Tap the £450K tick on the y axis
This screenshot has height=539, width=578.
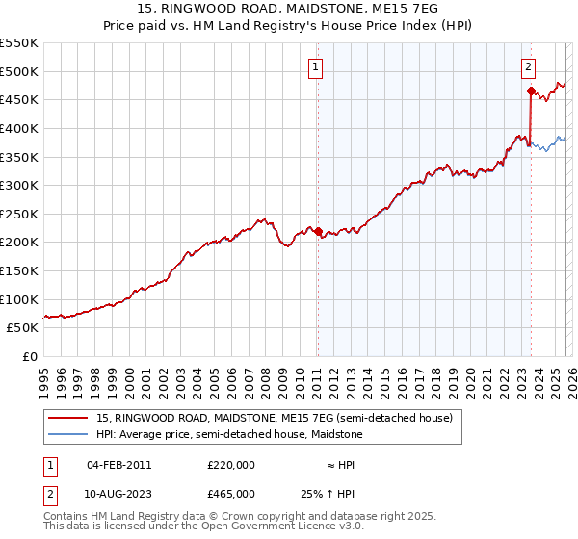pyautogui.click(x=19, y=100)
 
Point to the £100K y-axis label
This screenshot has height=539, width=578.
pyautogui.click(x=19, y=299)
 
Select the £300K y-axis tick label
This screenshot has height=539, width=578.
pyautogui.click(x=19, y=186)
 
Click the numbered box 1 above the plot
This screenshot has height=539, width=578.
pyautogui.click(x=317, y=66)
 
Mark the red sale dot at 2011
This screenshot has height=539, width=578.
pyautogui.click(x=318, y=231)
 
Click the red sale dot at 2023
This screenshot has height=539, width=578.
pyautogui.click(x=531, y=91)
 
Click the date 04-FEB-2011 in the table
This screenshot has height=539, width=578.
pyautogui.click(x=118, y=465)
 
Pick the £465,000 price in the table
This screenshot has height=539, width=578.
pyautogui.click(x=231, y=493)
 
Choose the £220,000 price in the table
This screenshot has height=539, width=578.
pyautogui.click(x=231, y=465)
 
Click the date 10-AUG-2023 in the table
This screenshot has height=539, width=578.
pyautogui.click(x=119, y=493)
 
